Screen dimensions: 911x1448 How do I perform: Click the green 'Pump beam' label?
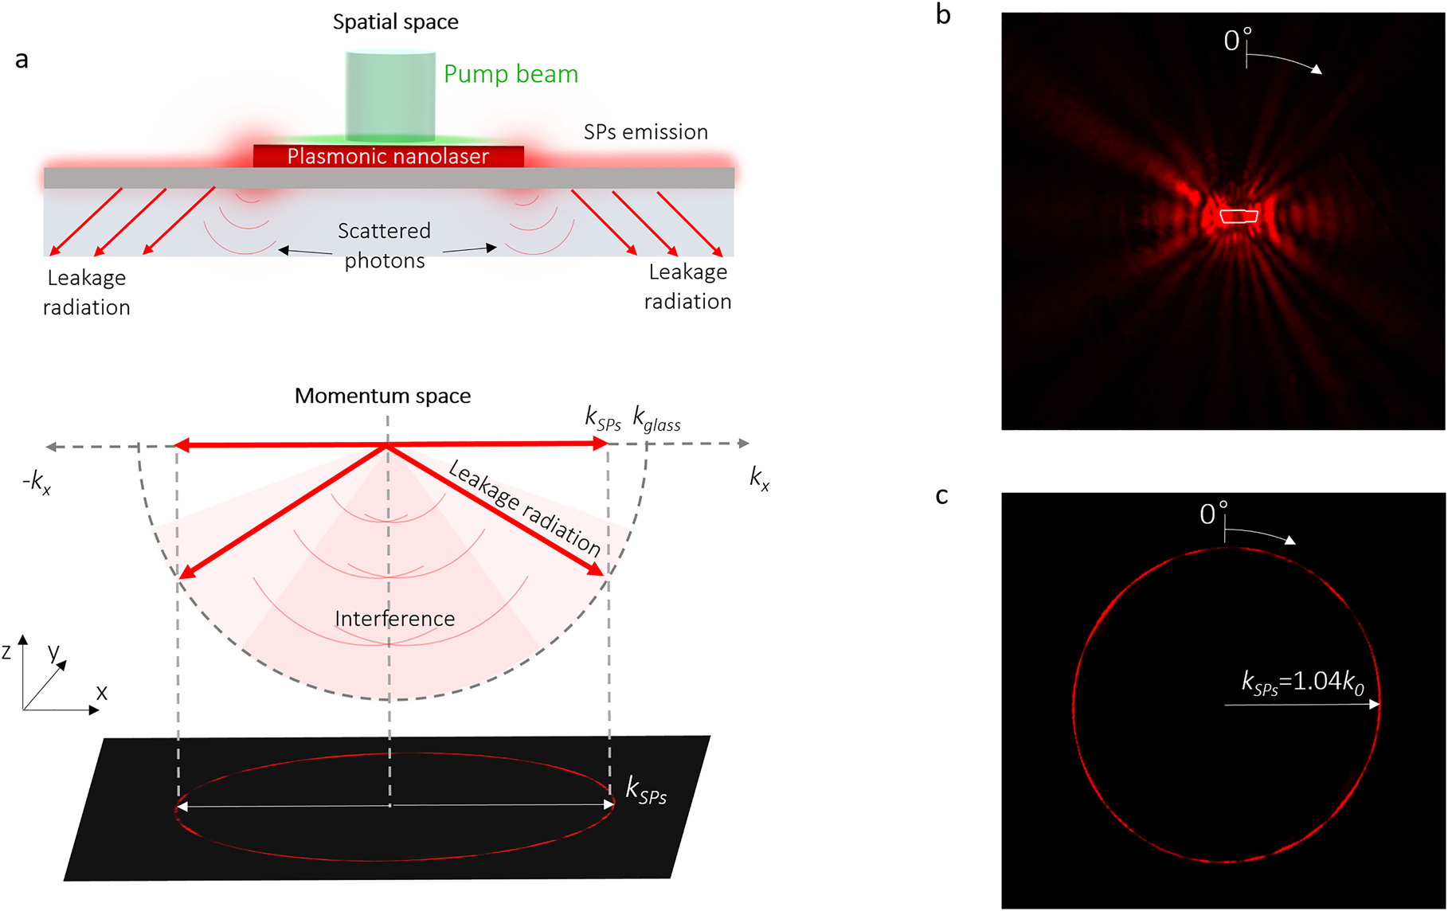[x=511, y=74]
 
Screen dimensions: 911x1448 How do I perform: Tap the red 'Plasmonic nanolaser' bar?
[x=388, y=156]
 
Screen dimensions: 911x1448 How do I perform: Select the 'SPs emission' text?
[x=645, y=132]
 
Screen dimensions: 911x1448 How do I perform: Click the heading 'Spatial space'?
[x=395, y=22]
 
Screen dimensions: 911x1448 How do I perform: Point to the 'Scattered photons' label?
[x=385, y=245]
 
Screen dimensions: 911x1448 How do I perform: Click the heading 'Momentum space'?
[x=382, y=396]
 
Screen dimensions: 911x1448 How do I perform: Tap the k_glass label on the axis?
[x=656, y=418]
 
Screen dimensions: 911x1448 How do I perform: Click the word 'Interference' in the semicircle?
[x=394, y=619]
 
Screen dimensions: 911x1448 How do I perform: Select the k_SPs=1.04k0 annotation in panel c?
[x=1303, y=682]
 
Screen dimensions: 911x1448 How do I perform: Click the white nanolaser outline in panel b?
[x=1239, y=216]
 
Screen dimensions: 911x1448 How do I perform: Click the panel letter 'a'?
[x=22, y=60]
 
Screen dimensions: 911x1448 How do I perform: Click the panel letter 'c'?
[x=941, y=496]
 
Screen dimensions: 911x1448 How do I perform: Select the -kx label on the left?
[x=37, y=482]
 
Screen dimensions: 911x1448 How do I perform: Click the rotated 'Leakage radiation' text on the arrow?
[x=524, y=508]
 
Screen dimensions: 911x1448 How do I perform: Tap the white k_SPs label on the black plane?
[x=646, y=791]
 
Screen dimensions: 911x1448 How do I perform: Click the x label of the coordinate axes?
[x=101, y=693]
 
